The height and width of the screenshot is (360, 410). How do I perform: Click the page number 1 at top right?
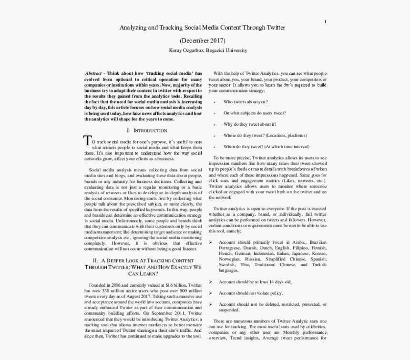coord(325,21)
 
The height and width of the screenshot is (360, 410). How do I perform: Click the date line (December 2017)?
coord(203,40)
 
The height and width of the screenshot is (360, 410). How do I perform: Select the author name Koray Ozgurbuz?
coord(186,50)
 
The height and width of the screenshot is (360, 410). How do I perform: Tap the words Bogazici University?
coord(226,50)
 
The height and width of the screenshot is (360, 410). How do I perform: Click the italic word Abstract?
coord(93,73)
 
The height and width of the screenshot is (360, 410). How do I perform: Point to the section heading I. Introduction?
coord(147,130)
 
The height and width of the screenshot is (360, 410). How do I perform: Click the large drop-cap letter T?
coord(87,140)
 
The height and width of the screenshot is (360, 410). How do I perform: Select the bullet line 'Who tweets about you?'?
coord(245,102)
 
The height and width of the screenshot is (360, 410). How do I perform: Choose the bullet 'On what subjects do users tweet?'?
coord(255,113)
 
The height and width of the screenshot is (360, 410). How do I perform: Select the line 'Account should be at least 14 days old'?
coord(255,282)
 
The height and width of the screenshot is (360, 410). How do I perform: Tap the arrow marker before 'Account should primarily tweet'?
coord(211,242)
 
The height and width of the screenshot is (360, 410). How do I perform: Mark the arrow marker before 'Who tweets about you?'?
coord(214,102)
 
